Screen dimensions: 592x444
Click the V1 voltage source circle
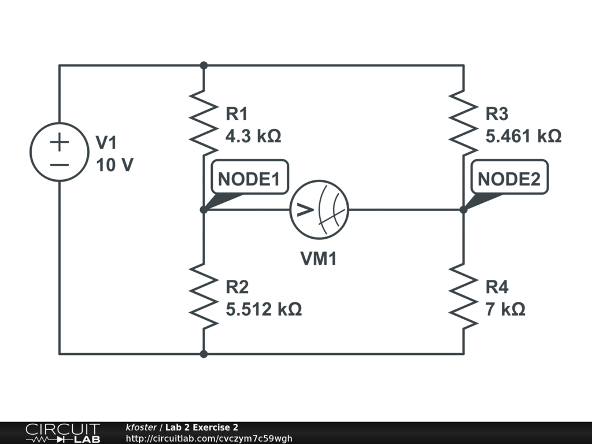[31, 152]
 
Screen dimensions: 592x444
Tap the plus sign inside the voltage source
[60, 142]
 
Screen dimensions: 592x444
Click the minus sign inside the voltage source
[60, 165]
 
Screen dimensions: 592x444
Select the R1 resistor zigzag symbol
[203, 123]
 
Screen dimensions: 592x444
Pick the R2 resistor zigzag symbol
[203, 296]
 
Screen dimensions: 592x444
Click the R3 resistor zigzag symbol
[463, 123]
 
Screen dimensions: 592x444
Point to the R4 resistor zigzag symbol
[463, 296]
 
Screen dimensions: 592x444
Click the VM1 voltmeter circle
[290, 209]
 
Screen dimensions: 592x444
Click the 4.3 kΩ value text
[253, 136]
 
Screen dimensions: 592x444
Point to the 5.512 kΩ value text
[264, 309]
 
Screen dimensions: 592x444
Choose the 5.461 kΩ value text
[523, 136]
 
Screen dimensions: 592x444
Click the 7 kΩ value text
[505, 309]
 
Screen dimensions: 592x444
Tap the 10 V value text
[115, 165]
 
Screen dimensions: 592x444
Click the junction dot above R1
[204, 65]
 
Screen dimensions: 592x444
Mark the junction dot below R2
[204, 354]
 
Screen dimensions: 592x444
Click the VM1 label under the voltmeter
[319, 259]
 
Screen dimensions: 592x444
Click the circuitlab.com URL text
[209, 438]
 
